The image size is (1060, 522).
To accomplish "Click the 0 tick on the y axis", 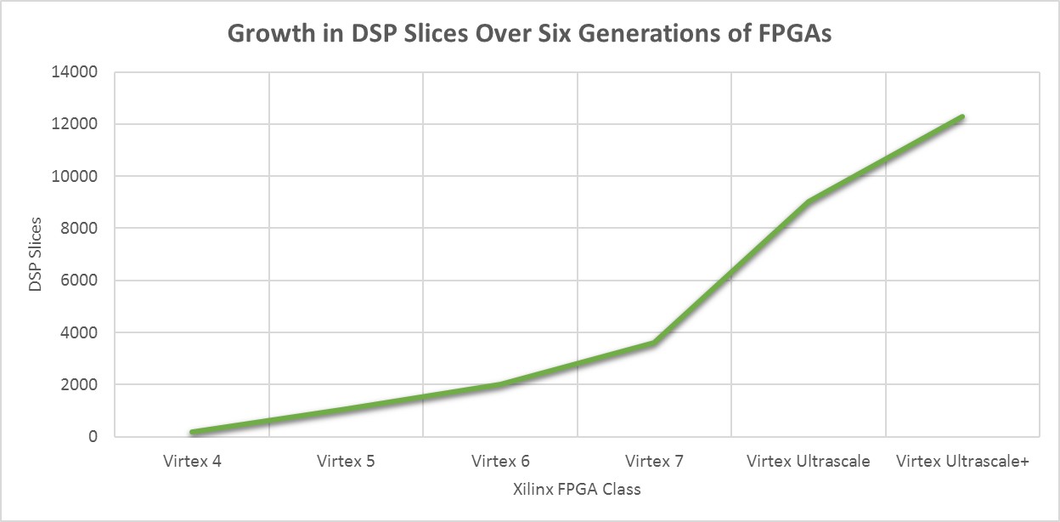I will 94,437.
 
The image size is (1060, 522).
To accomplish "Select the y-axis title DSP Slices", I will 35,254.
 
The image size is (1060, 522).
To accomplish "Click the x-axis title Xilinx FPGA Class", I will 577,490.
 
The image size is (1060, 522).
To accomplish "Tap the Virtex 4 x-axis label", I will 192,462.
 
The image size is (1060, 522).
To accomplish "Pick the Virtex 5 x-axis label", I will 346,462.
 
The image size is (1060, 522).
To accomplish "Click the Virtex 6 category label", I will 500,462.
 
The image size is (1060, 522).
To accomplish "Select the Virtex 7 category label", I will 654,462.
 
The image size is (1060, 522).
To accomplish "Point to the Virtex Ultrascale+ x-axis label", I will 962,462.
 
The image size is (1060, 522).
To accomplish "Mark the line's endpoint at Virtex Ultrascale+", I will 962,116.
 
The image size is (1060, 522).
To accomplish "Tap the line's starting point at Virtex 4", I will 193,432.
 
